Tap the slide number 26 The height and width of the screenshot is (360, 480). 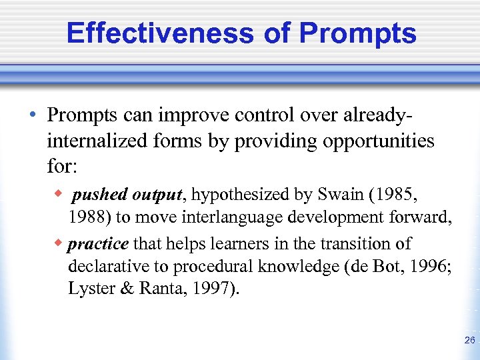469,341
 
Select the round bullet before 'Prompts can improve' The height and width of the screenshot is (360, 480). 33,115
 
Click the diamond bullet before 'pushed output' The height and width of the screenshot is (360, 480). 59,195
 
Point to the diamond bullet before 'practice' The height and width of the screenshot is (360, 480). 59,243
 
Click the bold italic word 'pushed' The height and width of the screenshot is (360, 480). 100,196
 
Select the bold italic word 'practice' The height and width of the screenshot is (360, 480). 98,245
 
